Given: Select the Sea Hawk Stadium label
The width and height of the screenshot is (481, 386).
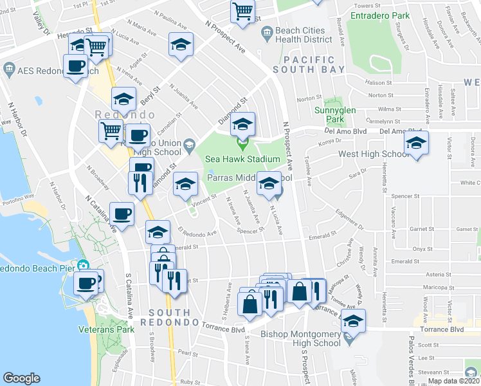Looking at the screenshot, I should click(242, 159).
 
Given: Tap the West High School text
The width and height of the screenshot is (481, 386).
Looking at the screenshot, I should click(374, 154).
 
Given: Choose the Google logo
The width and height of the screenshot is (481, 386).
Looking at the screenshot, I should click(21, 378).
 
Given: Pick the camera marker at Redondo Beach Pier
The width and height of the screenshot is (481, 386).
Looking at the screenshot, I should click(82, 265).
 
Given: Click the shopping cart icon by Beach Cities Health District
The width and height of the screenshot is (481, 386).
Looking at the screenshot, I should click(243, 10).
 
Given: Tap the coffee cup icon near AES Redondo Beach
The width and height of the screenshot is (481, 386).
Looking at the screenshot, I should click(76, 65).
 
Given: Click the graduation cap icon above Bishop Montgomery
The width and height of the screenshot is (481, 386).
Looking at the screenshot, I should click(353, 320).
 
